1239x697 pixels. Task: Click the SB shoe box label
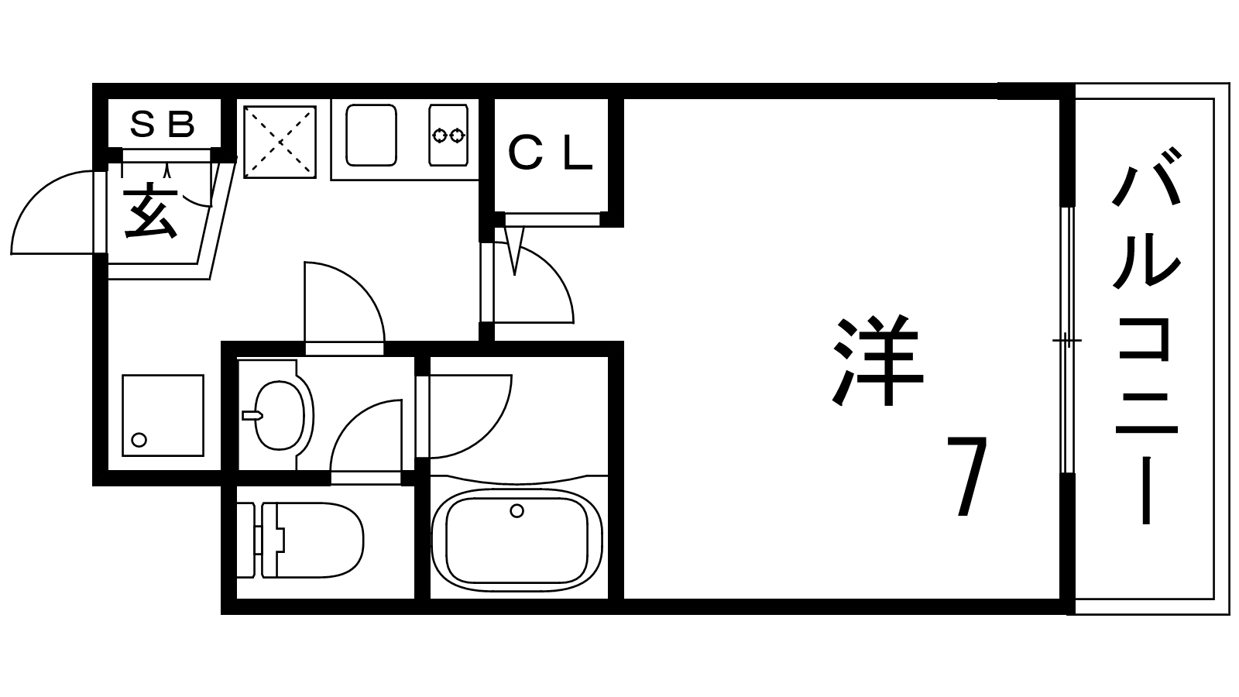pos(162,124)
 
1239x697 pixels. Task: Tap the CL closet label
pos(550,153)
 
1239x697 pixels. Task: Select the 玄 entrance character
pos(150,213)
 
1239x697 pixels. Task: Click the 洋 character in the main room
pos(877,360)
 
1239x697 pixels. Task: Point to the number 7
pos(966,476)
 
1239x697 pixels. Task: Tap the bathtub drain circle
pos(517,510)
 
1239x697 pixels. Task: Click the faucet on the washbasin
pos(252,415)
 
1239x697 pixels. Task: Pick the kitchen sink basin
pos(371,136)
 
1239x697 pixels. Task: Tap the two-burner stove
pos(448,135)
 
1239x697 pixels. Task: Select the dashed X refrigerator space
pos(280,142)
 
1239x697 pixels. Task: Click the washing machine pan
pos(163,415)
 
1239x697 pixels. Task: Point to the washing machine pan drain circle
pos(139,440)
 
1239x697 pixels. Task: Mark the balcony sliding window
pos(1068,340)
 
